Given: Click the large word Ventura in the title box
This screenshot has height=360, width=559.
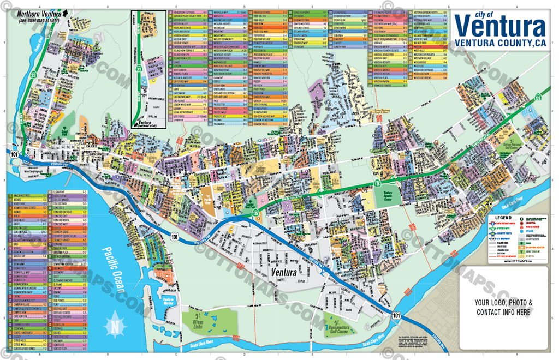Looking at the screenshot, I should pos(499,26).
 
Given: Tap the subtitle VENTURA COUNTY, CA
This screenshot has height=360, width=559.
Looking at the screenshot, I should pos(500,44).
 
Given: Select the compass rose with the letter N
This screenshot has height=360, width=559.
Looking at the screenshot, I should pos(115,326).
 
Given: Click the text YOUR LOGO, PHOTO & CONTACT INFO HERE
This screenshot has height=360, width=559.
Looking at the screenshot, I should pos(503,308).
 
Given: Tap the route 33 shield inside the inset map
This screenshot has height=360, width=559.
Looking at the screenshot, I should pos(139,70).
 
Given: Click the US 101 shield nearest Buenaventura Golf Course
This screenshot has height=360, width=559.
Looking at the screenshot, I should pos(396,315).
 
